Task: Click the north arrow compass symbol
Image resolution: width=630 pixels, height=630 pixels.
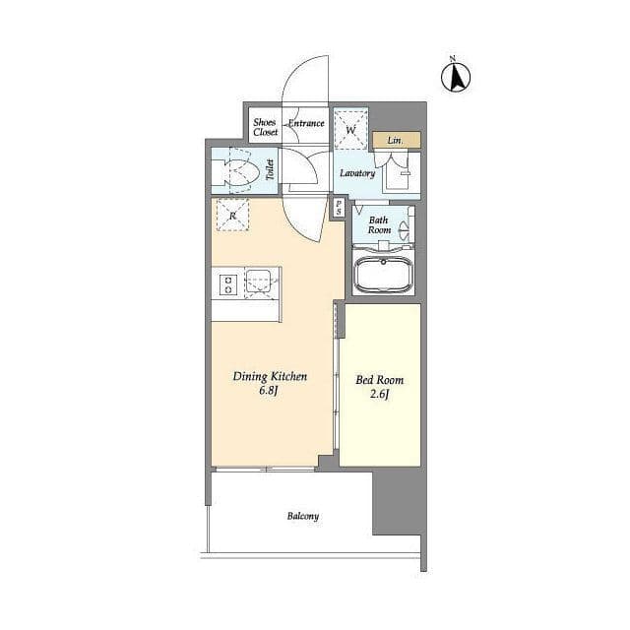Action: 456,77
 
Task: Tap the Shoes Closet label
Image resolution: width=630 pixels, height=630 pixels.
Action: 265,127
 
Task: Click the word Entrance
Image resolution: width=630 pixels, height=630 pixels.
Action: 306,123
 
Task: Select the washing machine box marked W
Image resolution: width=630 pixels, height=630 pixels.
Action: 350,130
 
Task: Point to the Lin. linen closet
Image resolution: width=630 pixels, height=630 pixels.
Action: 396,140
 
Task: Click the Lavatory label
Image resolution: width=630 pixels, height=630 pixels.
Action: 357,173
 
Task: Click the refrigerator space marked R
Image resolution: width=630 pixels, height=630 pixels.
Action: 232,215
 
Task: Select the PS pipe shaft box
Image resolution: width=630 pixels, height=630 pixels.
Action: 339,208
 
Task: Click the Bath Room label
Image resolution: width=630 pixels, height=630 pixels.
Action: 379,225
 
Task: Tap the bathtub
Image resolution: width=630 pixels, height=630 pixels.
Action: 383,275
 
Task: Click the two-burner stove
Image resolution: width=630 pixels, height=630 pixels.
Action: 227,284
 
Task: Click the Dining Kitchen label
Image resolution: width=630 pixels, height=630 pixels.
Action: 270,377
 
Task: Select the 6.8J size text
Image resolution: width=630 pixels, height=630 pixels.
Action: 269,391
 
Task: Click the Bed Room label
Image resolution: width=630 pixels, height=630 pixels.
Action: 379,380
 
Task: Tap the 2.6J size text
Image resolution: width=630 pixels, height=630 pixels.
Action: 379,394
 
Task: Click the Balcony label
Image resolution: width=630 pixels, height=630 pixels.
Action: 303,516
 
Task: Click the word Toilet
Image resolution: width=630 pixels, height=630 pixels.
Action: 270,169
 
